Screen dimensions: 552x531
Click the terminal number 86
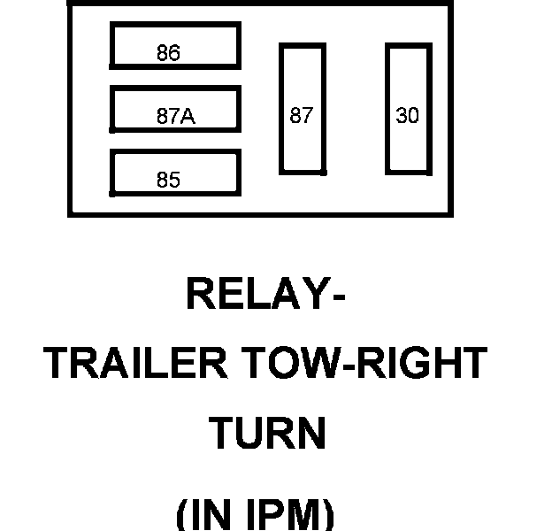click(x=168, y=53)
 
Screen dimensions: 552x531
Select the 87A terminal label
click(x=175, y=116)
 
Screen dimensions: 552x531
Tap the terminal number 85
click(x=168, y=181)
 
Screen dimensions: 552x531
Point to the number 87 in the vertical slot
click(x=302, y=116)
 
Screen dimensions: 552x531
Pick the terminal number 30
click(x=407, y=116)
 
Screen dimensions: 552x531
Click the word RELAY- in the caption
click(x=264, y=295)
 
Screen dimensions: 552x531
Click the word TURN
click(x=267, y=434)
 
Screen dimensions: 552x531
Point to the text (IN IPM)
click(x=256, y=514)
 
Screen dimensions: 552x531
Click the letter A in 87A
click(x=188, y=116)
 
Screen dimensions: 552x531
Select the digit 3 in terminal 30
click(x=402, y=116)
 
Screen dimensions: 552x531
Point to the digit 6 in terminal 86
click(x=174, y=53)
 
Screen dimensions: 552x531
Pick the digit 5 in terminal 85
click(x=174, y=181)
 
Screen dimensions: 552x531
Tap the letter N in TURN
click(x=310, y=434)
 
